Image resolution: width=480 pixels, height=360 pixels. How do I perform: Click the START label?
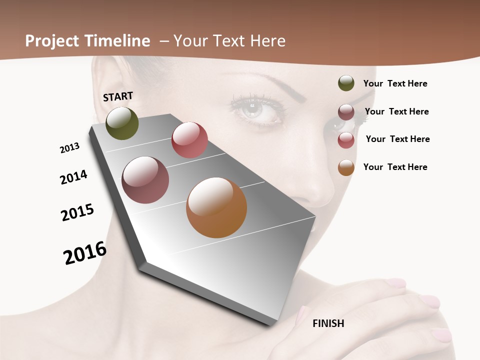[x=118, y=96]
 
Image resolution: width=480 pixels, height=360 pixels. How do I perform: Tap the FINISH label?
[x=328, y=323]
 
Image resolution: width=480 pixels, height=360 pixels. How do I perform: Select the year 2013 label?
[x=69, y=148]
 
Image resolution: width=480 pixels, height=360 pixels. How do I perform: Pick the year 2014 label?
[x=73, y=177]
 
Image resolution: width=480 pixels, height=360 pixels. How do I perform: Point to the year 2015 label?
[x=77, y=212]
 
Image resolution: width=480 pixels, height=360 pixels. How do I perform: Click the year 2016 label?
[x=85, y=253]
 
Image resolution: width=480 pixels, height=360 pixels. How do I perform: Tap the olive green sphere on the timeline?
[x=122, y=123]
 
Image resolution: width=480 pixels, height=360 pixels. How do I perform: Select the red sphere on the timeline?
[x=189, y=140]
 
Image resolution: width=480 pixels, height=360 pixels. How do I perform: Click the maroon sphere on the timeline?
[x=145, y=180]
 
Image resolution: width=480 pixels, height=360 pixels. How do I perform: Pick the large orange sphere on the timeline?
[x=216, y=207]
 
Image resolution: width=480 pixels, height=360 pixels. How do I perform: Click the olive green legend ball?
[x=346, y=83]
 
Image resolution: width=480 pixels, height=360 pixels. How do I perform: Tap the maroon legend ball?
[x=346, y=112]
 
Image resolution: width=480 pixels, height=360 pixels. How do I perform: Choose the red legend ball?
[x=346, y=140]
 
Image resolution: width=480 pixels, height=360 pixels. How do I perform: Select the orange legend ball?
[x=346, y=167]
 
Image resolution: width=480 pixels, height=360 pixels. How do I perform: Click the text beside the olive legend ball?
[x=395, y=83]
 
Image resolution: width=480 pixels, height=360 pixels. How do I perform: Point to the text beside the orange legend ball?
[x=395, y=167]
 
